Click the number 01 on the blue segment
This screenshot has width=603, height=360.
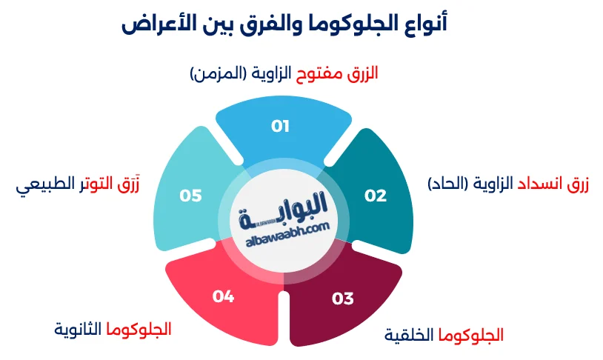click(280, 126)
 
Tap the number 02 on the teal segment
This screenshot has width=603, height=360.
click(376, 196)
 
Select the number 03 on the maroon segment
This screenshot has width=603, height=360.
click(342, 299)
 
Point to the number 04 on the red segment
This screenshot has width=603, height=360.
click(223, 296)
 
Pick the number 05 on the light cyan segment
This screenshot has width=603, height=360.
click(190, 196)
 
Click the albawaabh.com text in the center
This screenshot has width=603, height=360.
click(286, 231)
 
